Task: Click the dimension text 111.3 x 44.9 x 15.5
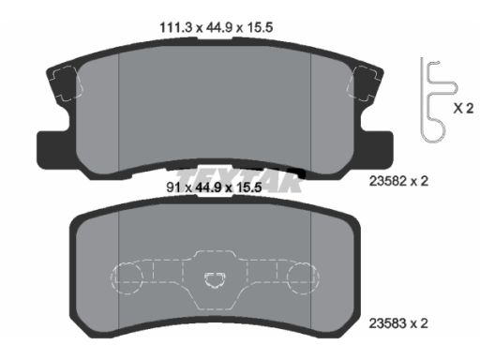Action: [x=217, y=27]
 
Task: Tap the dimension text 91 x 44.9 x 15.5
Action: [x=214, y=187]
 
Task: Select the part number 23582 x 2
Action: [x=398, y=181]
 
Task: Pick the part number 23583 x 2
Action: [x=398, y=323]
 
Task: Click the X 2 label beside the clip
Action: [x=463, y=109]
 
